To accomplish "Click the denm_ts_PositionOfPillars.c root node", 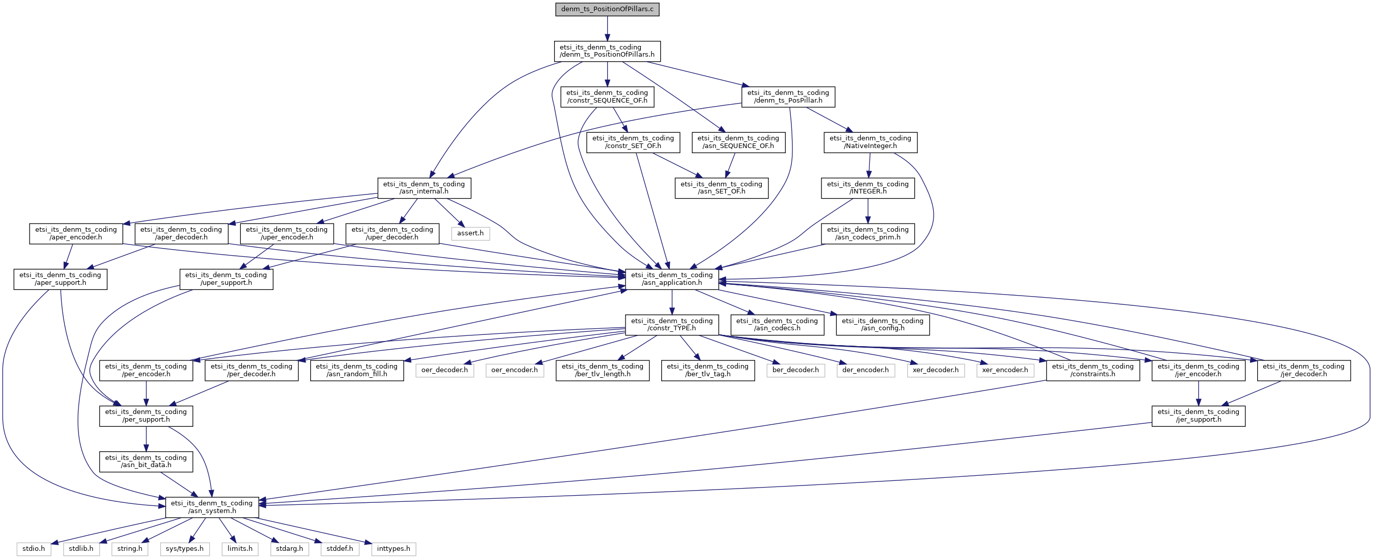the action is point(607,10).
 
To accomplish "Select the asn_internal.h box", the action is point(425,188).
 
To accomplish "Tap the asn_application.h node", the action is point(671,279).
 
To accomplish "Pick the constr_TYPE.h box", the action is point(671,324).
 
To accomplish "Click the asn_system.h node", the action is point(212,507).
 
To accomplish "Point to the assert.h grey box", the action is point(470,233).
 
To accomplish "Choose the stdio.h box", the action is point(34,549).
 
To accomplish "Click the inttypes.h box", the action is point(393,549).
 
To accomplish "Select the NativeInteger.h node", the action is point(870,142).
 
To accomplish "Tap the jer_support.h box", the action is point(1198,416).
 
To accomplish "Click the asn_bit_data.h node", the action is point(146,461).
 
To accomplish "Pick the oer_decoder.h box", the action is point(444,370).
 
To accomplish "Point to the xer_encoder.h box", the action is point(1005,370).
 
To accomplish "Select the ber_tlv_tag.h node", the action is point(708,370).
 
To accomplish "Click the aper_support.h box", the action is point(60,279).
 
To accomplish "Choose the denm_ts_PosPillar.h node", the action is point(788,96).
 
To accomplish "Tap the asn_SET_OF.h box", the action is point(721,188).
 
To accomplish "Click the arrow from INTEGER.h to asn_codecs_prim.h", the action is point(868,211).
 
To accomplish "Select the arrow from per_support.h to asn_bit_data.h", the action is point(146,439).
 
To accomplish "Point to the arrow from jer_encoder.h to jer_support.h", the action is point(1198,394).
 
